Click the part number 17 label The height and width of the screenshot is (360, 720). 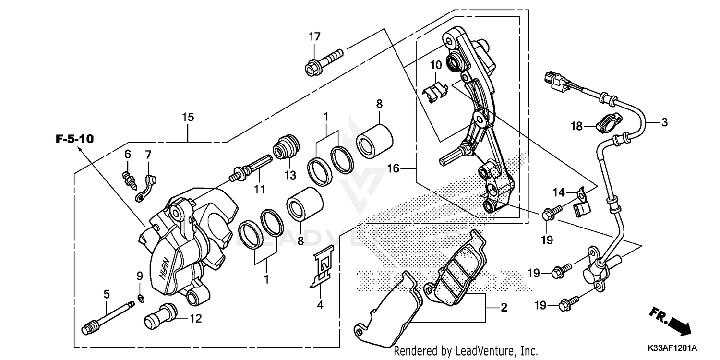coord(314,36)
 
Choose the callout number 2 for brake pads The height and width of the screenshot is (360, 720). coord(504,308)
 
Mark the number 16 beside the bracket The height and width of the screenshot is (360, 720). coord(394,168)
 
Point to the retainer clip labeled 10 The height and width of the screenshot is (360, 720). coord(436,91)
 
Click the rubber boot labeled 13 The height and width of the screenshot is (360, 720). coord(286,147)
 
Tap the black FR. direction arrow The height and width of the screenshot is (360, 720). coord(674,322)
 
